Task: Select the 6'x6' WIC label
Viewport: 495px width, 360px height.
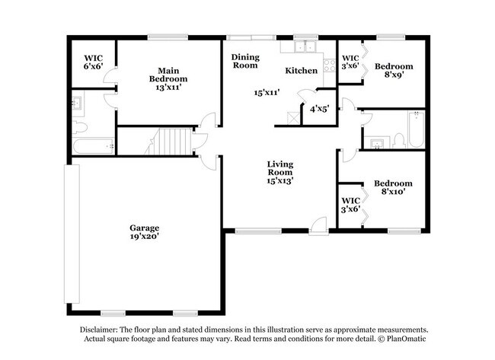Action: pyautogui.click(x=94, y=62)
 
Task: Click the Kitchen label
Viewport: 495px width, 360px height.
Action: pyautogui.click(x=301, y=71)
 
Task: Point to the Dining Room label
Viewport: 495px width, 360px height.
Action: pyautogui.click(x=245, y=61)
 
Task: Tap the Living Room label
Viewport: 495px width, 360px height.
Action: pyautogui.click(x=280, y=173)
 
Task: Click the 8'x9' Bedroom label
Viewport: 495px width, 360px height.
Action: pyautogui.click(x=394, y=71)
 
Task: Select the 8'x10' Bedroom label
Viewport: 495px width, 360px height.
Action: pyautogui.click(x=393, y=188)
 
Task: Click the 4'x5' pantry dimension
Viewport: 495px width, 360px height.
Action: pyautogui.click(x=318, y=110)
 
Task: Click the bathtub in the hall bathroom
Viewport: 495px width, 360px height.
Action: pyautogui.click(x=414, y=130)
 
